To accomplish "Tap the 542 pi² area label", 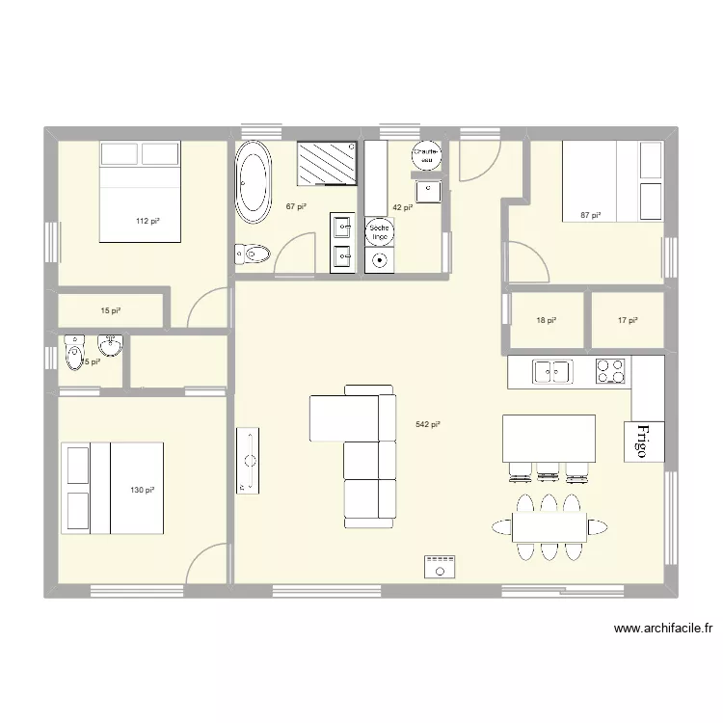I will click(428, 424).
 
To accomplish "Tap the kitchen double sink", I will click(552, 370).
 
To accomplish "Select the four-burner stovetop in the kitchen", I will click(609, 370).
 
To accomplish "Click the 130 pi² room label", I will click(142, 491).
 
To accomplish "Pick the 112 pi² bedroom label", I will click(147, 222).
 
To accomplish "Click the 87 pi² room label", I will click(590, 215).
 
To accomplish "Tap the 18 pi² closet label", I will click(546, 321).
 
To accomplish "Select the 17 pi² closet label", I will click(627, 321).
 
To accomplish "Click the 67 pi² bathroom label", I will click(296, 206).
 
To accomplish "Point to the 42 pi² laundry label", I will click(402, 206).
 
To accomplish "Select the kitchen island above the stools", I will click(549, 438).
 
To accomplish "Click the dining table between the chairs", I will click(549, 526).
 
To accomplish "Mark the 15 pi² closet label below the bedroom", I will click(111, 310).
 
